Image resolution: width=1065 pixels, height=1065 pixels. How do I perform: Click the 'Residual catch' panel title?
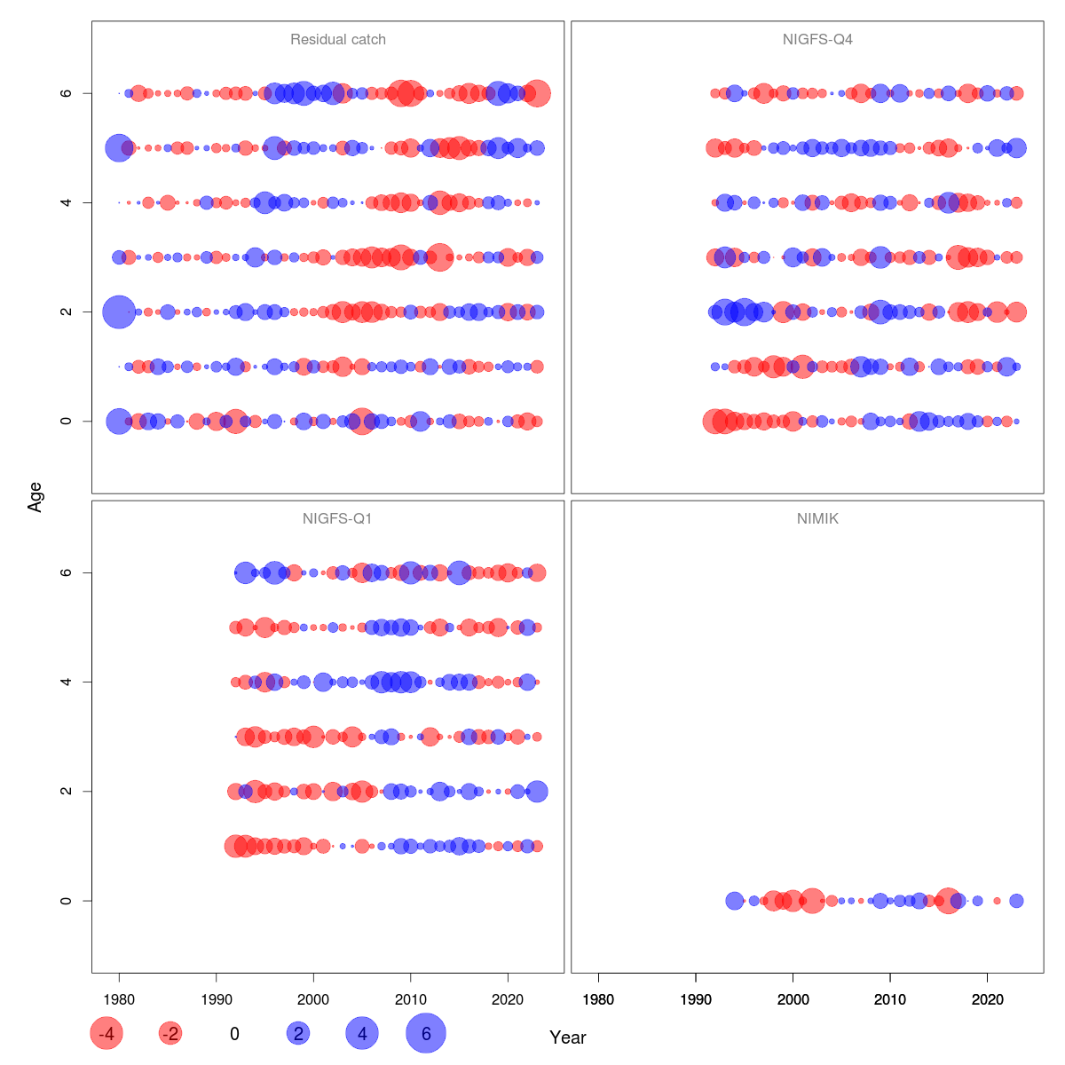[337, 40]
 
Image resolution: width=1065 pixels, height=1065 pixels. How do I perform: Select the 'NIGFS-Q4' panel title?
[817, 40]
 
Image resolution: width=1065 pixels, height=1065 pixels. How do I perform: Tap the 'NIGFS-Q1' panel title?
[337, 519]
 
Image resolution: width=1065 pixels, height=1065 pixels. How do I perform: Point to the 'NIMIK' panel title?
[817, 519]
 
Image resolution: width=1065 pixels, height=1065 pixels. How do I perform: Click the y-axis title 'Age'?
[35, 497]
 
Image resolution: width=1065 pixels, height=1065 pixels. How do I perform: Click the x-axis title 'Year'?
[568, 1037]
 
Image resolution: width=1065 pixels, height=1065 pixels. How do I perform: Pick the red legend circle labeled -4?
[106, 1034]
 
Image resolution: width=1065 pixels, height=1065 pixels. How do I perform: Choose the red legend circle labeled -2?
[170, 1034]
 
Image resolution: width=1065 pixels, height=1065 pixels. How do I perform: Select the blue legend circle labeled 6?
[426, 1034]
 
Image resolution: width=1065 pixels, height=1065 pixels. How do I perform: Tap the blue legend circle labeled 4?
[362, 1034]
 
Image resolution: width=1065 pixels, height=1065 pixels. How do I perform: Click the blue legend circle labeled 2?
[298, 1034]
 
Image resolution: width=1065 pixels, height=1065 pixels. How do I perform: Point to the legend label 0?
[234, 1034]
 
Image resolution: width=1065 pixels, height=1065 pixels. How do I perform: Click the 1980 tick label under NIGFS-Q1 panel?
[119, 1000]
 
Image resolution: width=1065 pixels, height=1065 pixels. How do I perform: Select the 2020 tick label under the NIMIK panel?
[987, 1000]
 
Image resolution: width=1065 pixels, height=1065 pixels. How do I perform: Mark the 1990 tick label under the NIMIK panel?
[696, 1000]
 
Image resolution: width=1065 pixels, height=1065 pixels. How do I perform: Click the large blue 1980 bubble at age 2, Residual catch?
[119, 312]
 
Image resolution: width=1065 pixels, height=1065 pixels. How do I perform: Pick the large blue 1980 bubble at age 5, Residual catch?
[119, 148]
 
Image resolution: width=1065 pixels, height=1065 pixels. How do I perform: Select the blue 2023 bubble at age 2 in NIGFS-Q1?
[537, 792]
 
